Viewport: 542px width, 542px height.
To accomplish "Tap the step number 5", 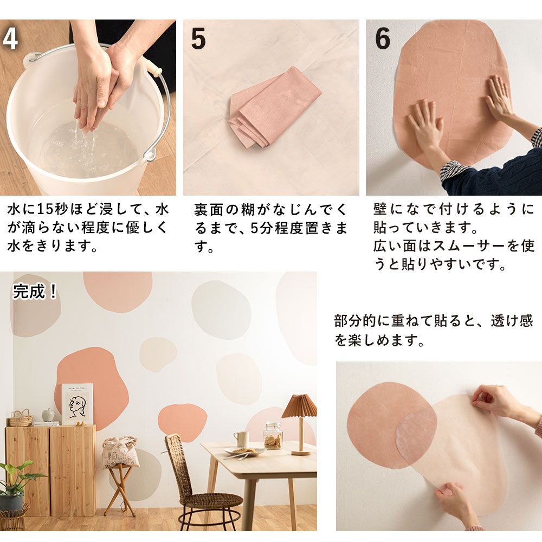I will (x=198, y=40).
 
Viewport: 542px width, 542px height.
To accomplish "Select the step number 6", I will (x=383, y=39).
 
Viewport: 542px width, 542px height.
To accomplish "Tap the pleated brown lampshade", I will (x=299, y=406).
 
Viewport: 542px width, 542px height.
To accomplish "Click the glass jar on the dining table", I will (x=273, y=435).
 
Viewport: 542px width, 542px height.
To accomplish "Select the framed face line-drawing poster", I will (x=77, y=404).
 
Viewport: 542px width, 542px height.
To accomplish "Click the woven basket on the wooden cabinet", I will (x=21, y=418).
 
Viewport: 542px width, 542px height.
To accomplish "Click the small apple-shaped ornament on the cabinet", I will (x=48, y=415).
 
